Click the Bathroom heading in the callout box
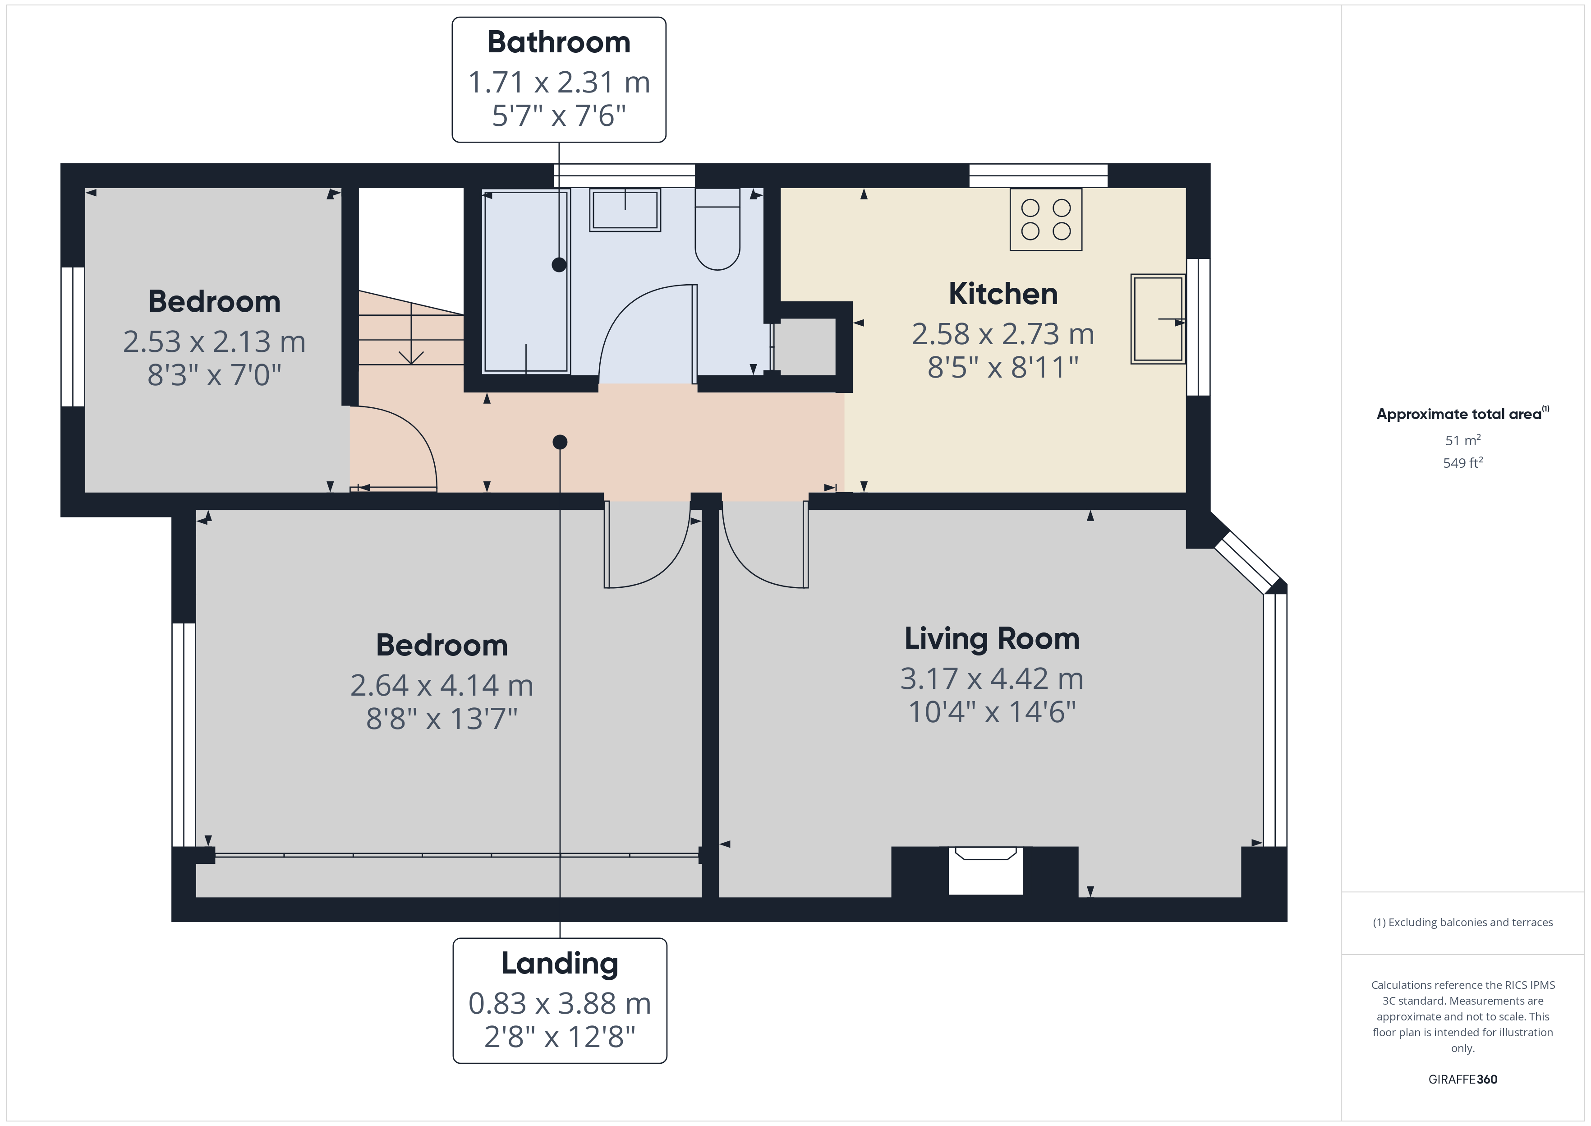click(x=558, y=43)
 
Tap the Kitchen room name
click(x=1002, y=294)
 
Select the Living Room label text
click(x=992, y=639)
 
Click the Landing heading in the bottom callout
click(x=559, y=963)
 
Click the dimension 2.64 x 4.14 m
click(x=441, y=686)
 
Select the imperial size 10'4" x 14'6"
click(x=992, y=712)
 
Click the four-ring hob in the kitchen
click(x=1046, y=219)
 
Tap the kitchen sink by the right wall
click(x=1157, y=319)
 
